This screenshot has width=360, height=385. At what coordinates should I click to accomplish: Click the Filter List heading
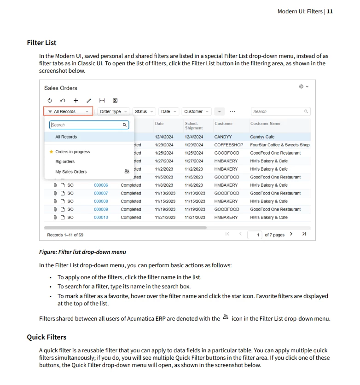point(41,43)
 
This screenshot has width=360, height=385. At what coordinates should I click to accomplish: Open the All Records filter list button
point(68,111)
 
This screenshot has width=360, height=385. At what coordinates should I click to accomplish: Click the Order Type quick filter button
point(113,111)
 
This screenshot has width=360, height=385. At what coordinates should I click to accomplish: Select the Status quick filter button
point(144,111)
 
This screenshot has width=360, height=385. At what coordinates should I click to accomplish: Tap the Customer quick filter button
point(196,111)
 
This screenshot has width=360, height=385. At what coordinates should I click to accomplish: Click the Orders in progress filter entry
point(73,152)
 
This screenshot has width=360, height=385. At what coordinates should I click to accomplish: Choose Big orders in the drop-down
point(65,162)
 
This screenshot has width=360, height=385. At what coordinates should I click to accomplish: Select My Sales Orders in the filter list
point(71,172)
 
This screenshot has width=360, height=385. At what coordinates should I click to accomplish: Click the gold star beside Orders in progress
point(51,152)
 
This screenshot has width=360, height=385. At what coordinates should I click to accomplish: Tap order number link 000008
point(101,201)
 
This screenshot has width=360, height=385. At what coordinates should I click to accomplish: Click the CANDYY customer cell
point(223,137)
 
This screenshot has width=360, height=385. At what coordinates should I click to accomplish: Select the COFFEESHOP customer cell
point(228,145)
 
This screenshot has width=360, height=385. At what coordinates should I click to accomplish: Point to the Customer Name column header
point(265,124)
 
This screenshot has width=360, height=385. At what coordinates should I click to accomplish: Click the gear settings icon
point(302,86)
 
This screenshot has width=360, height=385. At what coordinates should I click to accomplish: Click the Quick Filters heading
point(46,337)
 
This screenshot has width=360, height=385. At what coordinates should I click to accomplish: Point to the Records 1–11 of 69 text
point(65,235)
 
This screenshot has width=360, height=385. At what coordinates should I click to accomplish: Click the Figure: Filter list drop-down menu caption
point(82,252)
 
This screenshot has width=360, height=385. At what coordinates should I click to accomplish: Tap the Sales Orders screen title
point(61,88)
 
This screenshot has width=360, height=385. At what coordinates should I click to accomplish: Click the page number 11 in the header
point(330,11)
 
